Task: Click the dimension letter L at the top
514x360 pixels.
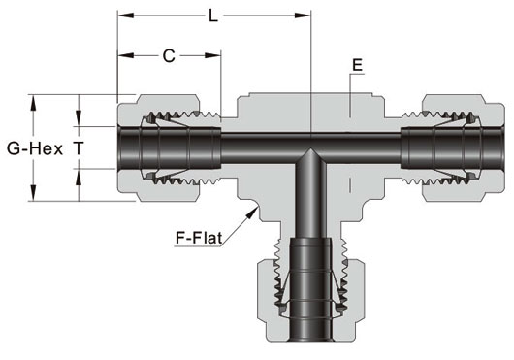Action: click(213, 16)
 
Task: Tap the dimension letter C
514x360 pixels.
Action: click(169, 56)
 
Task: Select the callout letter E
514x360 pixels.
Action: click(357, 65)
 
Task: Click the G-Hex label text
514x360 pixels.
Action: click(35, 148)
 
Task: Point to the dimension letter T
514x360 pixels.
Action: click(79, 148)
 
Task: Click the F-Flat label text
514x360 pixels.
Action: click(199, 238)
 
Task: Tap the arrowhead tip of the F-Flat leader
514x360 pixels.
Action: click(257, 207)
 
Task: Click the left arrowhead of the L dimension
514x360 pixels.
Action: click(125, 16)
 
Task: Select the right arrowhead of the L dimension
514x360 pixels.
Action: click(303, 16)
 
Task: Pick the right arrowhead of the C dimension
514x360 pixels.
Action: click(213, 55)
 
